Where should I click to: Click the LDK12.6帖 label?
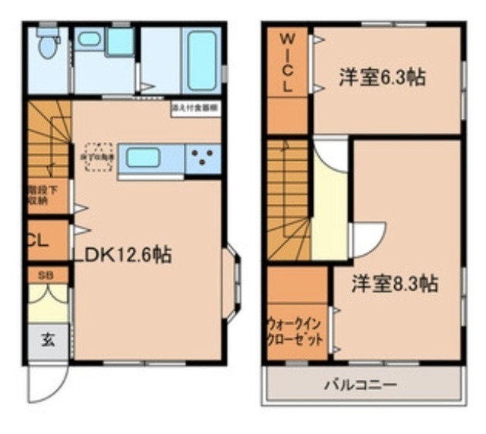coord(121,255)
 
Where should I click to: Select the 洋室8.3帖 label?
coord(393,283)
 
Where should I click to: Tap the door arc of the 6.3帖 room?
coord(330,156)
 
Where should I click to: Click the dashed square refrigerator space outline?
coord(99,157)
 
